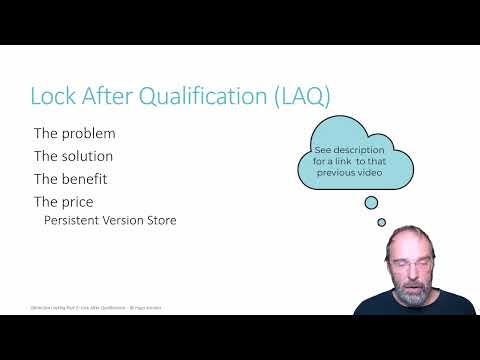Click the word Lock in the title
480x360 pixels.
(x=52, y=96)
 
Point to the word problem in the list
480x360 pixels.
(x=89, y=133)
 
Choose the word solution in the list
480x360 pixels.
(x=88, y=156)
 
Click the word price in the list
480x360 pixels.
(x=79, y=202)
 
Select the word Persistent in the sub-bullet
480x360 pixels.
(x=75, y=220)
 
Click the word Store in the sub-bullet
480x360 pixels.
(x=162, y=220)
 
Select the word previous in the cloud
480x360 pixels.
(x=339, y=173)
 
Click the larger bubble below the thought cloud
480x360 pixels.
(x=371, y=203)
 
